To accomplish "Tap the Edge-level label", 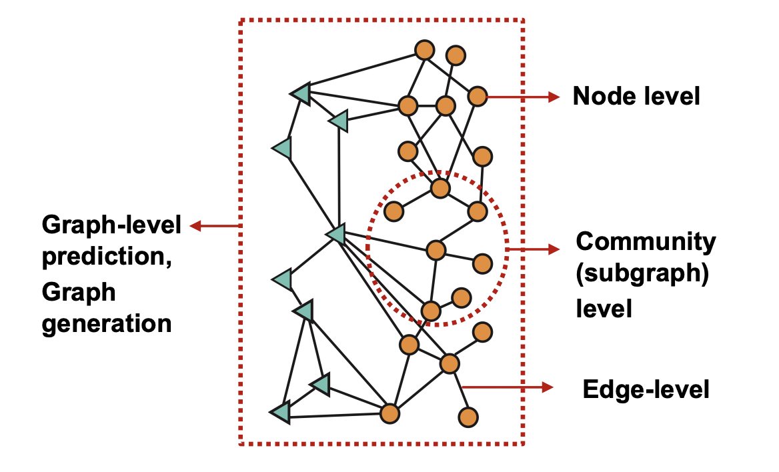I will (x=646, y=389).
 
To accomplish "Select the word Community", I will (x=646, y=241).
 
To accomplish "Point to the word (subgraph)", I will (x=642, y=275).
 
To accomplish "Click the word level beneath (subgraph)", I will (x=603, y=309).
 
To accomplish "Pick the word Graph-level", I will (x=111, y=226).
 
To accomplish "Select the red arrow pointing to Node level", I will (x=523, y=97).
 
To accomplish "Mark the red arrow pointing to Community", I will (x=534, y=249).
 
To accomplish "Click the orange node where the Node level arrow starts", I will (x=478, y=97).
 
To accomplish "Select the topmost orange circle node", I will (x=424, y=50).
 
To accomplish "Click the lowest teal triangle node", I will (x=281, y=413).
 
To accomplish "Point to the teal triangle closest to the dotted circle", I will (x=335, y=234).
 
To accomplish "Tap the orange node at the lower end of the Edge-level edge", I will (x=468, y=417).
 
